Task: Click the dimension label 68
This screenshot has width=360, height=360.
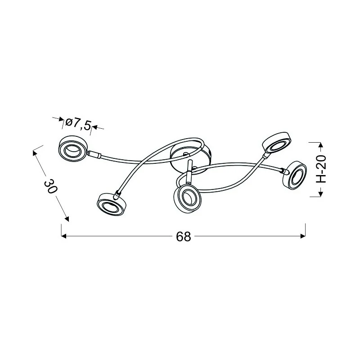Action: pos(184,237)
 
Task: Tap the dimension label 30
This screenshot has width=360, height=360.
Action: pos(51,186)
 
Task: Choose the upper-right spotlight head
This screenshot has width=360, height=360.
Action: pos(275,143)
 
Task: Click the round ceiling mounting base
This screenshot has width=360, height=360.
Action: pos(189,158)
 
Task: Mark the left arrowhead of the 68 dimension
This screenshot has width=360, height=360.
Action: pos(63,236)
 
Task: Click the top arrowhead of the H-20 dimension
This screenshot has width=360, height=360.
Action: pos(320,145)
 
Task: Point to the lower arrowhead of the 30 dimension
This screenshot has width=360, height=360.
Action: pos(67,219)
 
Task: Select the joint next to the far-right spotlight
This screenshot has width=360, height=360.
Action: pos(283,171)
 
